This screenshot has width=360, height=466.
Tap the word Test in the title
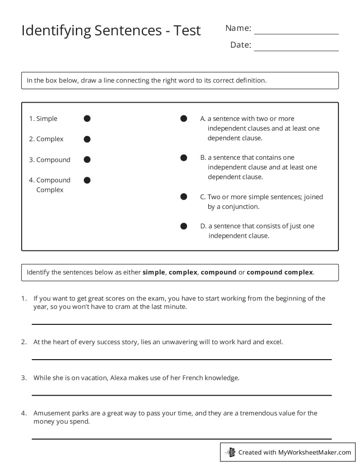tap(187, 30)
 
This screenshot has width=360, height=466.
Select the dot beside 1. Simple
tap(87, 119)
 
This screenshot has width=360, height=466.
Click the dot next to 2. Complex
tap(87, 139)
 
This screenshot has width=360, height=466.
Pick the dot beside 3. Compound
tap(87, 160)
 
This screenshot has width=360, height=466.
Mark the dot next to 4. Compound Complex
tap(87, 180)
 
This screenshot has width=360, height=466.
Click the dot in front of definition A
tap(184, 119)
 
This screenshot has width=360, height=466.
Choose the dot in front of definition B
tap(184, 158)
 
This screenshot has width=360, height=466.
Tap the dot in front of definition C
tap(184, 197)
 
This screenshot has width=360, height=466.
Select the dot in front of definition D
tap(184, 226)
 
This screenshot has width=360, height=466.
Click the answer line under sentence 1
tap(181, 324)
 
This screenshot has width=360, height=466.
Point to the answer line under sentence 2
tap(181, 359)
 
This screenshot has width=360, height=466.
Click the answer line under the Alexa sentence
tap(181, 395)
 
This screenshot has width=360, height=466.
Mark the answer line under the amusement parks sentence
tap(181, 439)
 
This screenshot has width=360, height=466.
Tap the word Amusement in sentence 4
tap(51, 413)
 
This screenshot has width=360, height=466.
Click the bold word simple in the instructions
tap(154, 272)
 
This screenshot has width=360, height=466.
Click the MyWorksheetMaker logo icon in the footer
tap(230, 452)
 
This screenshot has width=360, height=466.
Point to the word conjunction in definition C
tap(240, 207)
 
